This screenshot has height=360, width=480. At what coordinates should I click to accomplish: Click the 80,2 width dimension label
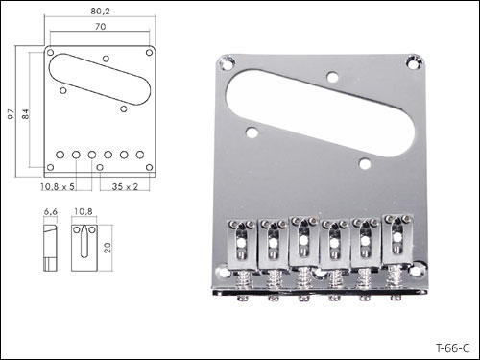point(100,12)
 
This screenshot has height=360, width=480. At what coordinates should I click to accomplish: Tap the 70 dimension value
point(100,27)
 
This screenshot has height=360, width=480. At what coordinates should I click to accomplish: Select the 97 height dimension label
point(12,114)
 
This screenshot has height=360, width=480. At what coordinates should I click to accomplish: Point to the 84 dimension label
point(26,114)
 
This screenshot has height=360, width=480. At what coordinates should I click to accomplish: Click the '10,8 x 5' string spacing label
point(58,186)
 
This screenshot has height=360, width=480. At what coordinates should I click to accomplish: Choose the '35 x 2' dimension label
point(125,186)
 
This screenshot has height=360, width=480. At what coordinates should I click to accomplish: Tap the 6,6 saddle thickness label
point(51,212)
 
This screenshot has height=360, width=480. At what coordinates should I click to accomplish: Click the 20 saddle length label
point(108,248)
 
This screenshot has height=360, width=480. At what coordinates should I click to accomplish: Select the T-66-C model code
point(452,348)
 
